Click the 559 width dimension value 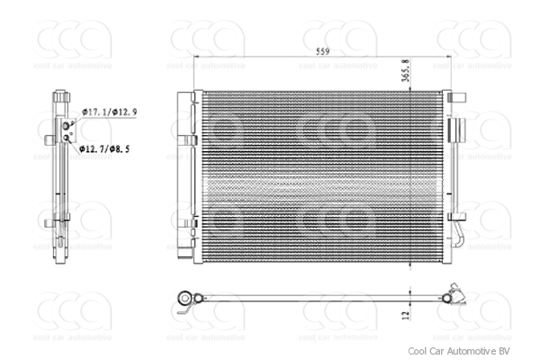click(321, 51)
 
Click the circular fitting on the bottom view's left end click(186, 297)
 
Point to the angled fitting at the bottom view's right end click(456, 294)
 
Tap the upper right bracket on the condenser click(456, 130)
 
